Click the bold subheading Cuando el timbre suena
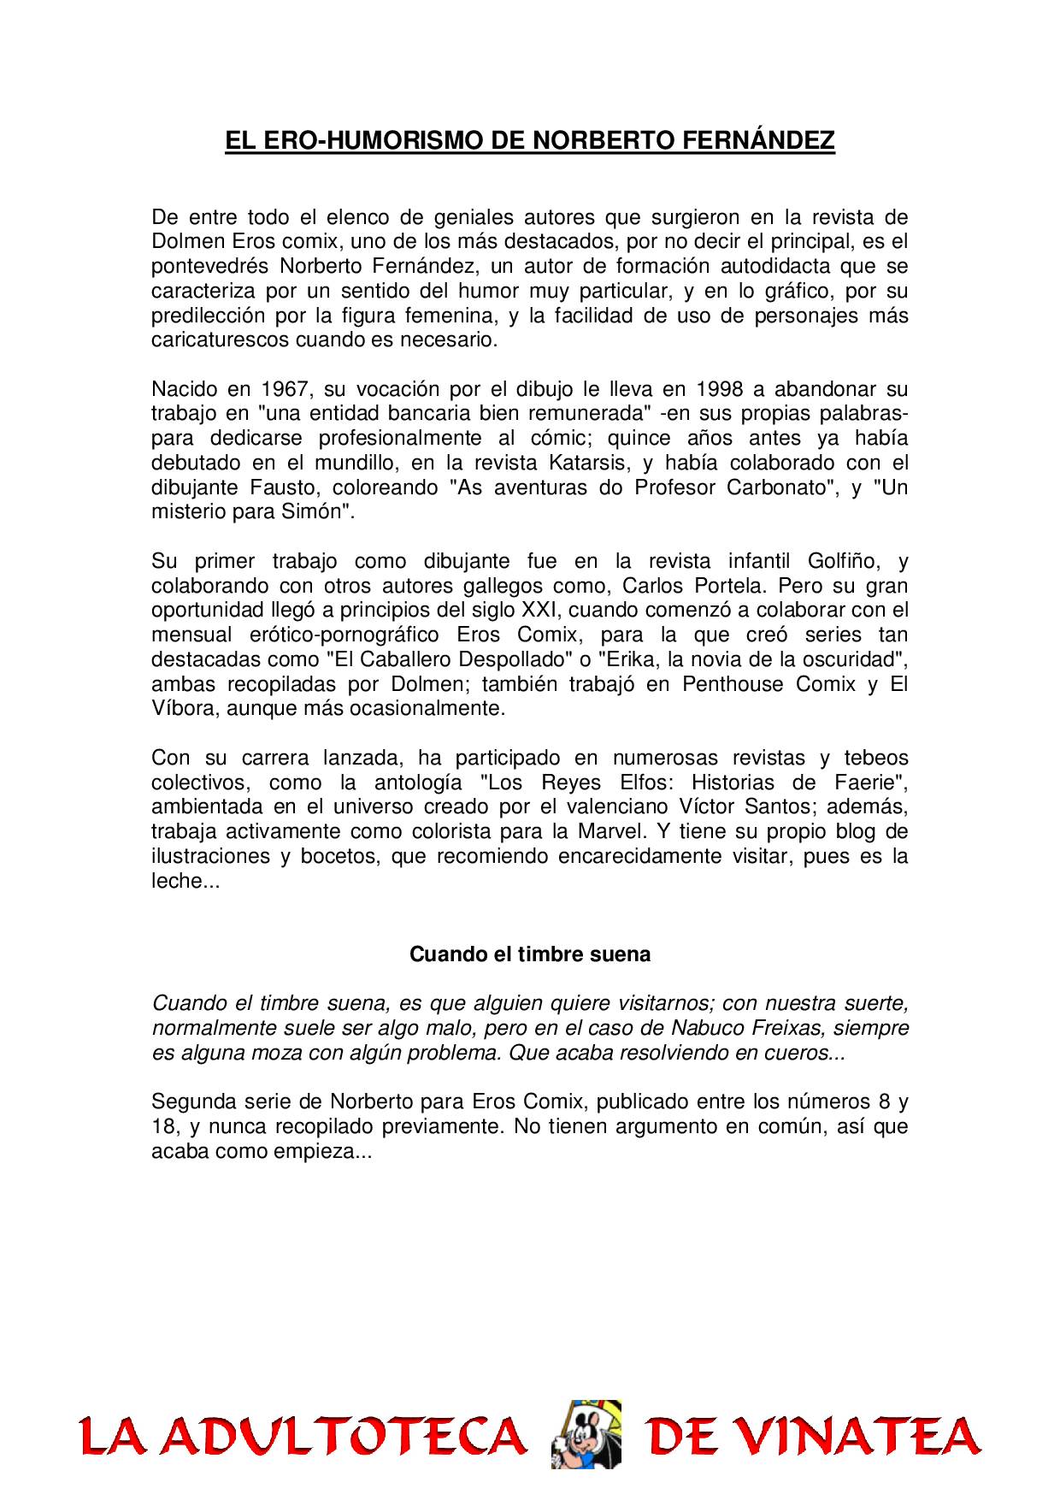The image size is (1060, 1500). (x=530, y=954)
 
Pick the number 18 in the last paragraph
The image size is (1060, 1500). (x=164, y=1127)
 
